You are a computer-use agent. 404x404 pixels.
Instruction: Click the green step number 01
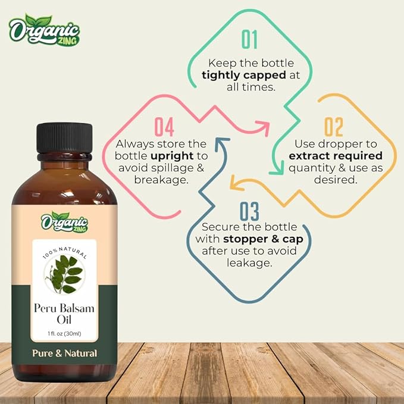(250, 39)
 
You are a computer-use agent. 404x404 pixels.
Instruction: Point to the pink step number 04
(164, 127)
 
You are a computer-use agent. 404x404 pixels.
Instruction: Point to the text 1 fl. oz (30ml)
(65, 334)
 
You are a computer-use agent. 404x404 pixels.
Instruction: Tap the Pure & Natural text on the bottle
(65, 353)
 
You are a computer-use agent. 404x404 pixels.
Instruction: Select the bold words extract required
(336, 156)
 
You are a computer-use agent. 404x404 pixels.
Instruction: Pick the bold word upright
(169, 155)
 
